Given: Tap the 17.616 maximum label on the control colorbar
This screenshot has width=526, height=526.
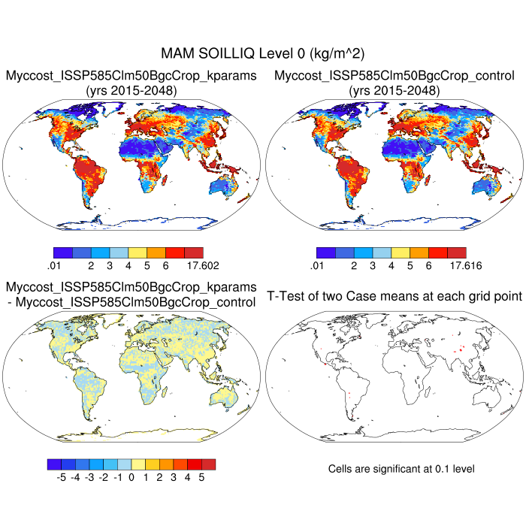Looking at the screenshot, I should pos(464,265).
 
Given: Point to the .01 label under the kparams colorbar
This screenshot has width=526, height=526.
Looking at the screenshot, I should pos(53,265).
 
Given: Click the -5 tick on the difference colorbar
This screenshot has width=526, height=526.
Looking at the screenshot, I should pos(61,476).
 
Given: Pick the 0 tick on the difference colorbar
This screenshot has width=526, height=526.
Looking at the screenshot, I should pos(131,476).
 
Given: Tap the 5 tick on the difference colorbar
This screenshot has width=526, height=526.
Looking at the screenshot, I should pos(201,476).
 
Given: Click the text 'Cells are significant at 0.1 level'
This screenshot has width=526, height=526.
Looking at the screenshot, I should pos(401,469).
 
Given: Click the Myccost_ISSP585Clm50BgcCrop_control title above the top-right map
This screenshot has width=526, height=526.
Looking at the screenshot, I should pos(394,76).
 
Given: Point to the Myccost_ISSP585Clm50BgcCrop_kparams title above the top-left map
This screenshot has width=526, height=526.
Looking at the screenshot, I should pos(131,76).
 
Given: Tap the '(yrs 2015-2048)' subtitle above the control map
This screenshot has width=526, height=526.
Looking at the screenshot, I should pos(394,91).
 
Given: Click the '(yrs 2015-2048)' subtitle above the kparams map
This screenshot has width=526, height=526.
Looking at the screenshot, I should pos(131,91).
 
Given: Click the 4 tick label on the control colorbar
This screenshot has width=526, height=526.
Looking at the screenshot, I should pos(391,265).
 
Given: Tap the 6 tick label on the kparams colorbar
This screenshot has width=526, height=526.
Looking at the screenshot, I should pos(165,265).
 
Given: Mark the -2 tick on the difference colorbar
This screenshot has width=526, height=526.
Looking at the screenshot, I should pos(103,476).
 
